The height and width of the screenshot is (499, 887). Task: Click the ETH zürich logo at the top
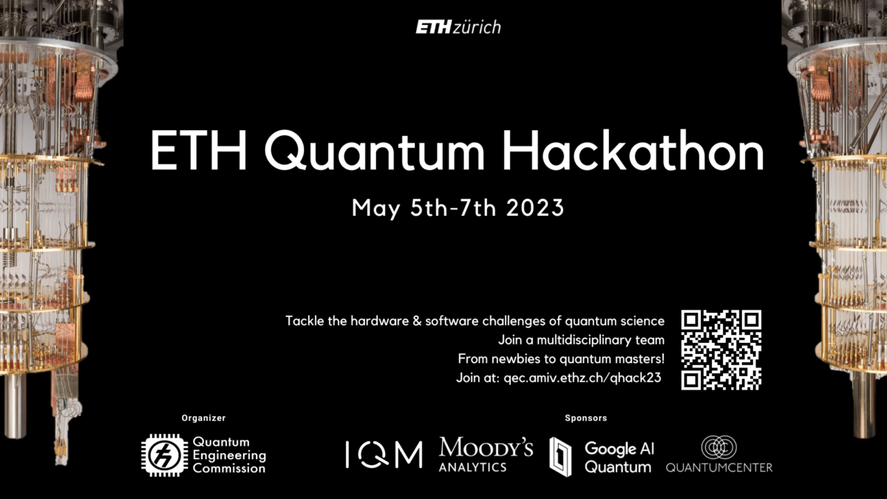pos(458,27)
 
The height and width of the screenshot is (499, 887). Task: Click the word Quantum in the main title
pos(374,152)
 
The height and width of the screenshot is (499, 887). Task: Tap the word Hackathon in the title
pos(633,151)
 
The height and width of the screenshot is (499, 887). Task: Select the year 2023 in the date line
pos(535,208)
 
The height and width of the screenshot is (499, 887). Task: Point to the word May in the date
pos(375,209)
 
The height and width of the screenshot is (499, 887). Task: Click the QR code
pos(721,350)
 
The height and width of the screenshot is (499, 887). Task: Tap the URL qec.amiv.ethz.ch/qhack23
pos(582,378)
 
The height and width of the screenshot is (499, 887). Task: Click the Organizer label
pos(203,418)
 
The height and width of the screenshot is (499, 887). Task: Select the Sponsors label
pos(585,418)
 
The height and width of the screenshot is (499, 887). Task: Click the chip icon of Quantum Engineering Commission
pos(165,455)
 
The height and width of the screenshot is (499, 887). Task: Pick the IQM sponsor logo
pos(384,455)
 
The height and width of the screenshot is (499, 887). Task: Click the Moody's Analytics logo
pos(486,454)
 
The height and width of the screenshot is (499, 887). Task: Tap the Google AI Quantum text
pos(619,458)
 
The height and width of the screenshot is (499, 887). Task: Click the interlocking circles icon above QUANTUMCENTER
pos(718,447)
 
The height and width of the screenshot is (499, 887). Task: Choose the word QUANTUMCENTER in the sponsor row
pos(719,468)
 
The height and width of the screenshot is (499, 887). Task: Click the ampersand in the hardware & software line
pos(417,321)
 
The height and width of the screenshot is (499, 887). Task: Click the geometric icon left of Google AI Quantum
pos(560,457)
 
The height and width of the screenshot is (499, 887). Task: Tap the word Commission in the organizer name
pos(229,469)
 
